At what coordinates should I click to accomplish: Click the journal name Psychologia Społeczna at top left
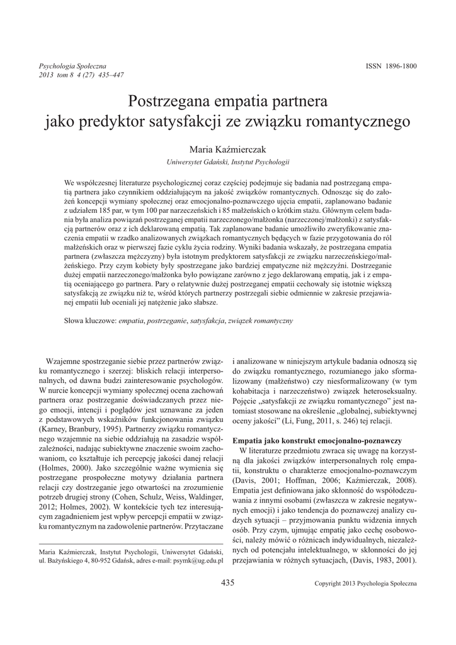pos(72,66)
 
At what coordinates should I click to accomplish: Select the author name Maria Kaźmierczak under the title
pos(227,148)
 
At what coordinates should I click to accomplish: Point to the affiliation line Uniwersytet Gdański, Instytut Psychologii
pos(228,162)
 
